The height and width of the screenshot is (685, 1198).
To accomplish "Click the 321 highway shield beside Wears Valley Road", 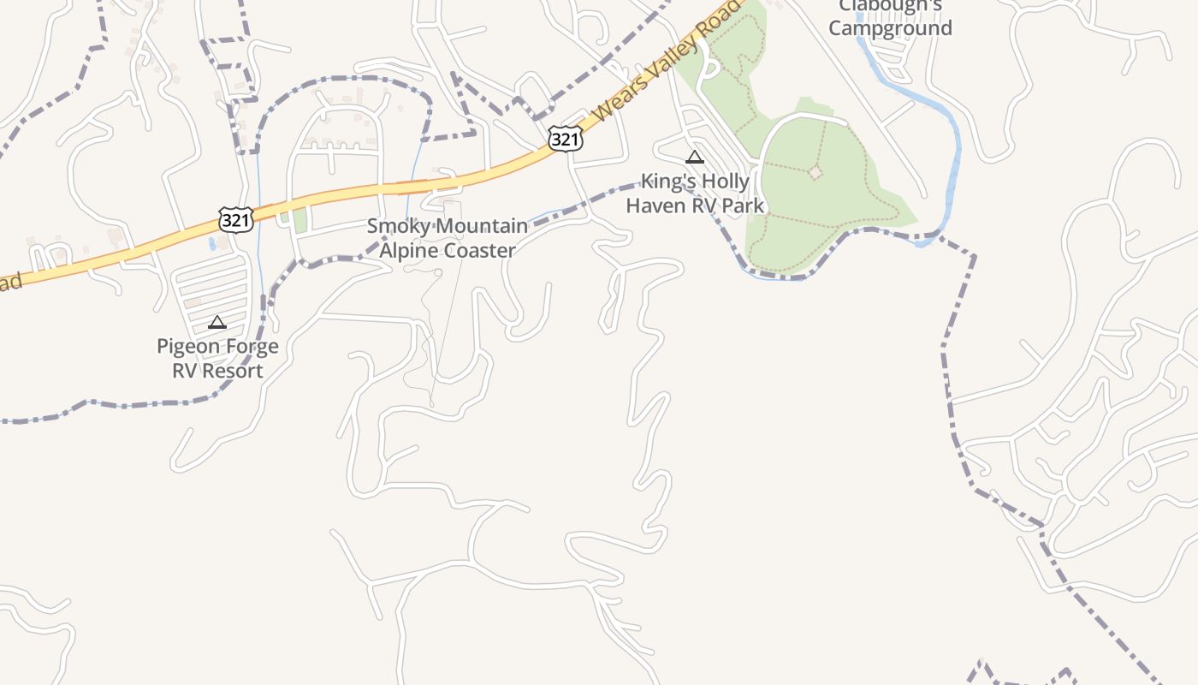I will [x=566, y=139].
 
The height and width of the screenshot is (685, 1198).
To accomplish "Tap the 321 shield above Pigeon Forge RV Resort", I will [x=235, y=219].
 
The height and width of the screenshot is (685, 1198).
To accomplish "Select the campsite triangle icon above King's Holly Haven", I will [x=694, y=158].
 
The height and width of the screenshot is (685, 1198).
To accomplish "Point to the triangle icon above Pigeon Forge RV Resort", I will [x=217, y=323].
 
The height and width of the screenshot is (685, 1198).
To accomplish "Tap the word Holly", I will [x=726, y=182].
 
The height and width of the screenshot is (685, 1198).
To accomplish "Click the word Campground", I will [x=890, y=28].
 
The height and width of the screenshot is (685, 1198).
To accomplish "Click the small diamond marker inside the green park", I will [x=815, y=173].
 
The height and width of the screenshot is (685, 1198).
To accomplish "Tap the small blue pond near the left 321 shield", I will [x=211, y=243].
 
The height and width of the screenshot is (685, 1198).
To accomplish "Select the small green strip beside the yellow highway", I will [x=299, y=219].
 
